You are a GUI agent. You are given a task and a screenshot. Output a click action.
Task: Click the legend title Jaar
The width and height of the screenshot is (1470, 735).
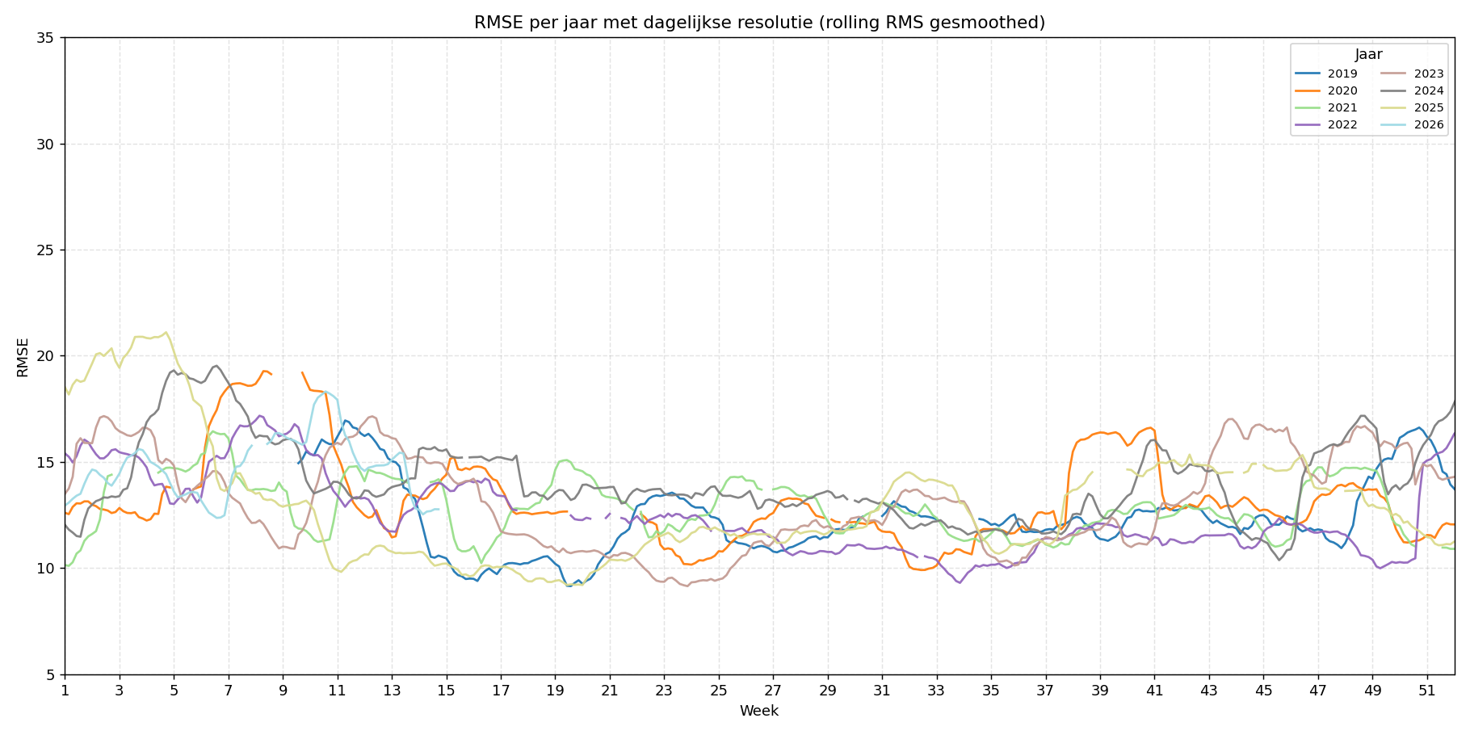click(1368, 55)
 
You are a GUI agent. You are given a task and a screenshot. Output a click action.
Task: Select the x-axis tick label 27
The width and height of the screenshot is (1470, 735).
click(773, 691)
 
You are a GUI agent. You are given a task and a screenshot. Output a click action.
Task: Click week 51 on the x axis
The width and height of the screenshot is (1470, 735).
click(1426, 691)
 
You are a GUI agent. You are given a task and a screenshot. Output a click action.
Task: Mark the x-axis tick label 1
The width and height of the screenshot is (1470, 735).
click(65, 691)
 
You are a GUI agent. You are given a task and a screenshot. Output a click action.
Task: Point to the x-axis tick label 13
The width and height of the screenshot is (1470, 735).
click(392, 691)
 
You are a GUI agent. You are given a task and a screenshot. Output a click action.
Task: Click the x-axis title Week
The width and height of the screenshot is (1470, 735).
click(759, 711)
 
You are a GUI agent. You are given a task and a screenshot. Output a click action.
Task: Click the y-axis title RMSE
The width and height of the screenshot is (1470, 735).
click(23, 356)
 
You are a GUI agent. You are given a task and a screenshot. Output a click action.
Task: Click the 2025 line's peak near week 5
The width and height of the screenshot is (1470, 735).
click(166, 332)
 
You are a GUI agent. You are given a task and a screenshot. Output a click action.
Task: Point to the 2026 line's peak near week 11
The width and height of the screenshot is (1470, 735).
click(325, 392)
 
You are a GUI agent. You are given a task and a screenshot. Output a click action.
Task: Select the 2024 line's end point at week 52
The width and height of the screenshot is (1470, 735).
click(1455, 401)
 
